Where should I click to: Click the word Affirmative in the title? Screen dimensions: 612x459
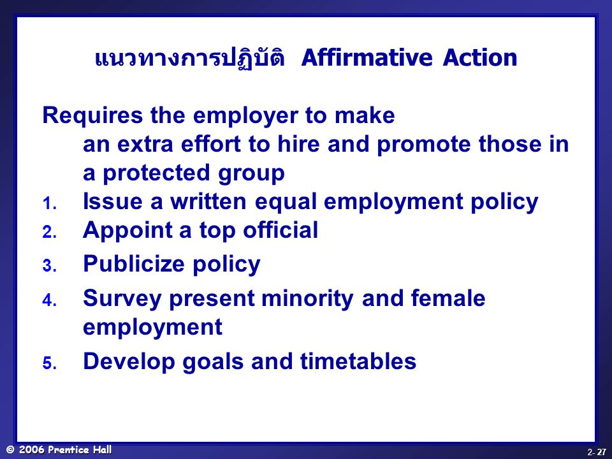point(367,57)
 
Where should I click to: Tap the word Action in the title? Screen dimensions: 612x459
point(480,57)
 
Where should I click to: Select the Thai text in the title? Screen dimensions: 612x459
point(190,57)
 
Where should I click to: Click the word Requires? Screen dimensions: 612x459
point(92,115)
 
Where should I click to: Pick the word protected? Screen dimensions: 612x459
point(157,173)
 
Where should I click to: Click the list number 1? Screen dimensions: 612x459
point(50,203)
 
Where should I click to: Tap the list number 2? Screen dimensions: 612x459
point(50,232)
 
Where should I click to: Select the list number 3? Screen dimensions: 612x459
point(50,266)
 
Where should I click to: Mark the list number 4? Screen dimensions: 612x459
point(50,300)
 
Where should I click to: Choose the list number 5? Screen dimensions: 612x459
point(50,363)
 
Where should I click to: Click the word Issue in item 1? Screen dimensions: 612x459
point(112,201)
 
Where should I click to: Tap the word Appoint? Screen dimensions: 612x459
point(127,230)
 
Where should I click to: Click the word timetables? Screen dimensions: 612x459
point(358,361)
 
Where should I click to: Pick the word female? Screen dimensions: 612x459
point(448,298)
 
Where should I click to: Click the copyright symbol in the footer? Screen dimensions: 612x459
point(11,449)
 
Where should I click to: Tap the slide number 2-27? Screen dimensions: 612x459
point(597,452)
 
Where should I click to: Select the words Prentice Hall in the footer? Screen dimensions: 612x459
point(80,449)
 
